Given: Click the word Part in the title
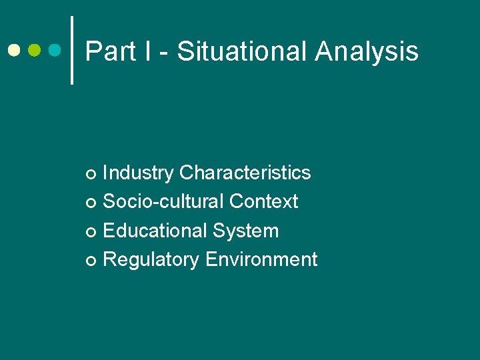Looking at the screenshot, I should pos(110,51).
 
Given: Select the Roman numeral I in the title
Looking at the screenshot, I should pos(146,51).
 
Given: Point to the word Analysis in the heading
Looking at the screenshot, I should pos(367,51).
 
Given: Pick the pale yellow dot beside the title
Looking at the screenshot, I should pos(14,50).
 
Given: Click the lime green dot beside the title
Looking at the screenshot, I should pos(35,50).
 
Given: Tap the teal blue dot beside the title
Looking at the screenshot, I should pos(56,50).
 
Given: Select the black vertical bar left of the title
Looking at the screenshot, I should pos(72,50).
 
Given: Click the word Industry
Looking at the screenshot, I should pos(138,173).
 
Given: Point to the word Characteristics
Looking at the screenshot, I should pos(245,173).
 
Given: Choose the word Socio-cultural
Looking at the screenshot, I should pos(163,201).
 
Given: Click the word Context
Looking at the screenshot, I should pos(263,201).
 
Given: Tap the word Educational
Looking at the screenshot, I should pos(155,231).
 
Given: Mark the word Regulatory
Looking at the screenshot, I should pos(151,259).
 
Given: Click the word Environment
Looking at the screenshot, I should pos(261,259).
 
